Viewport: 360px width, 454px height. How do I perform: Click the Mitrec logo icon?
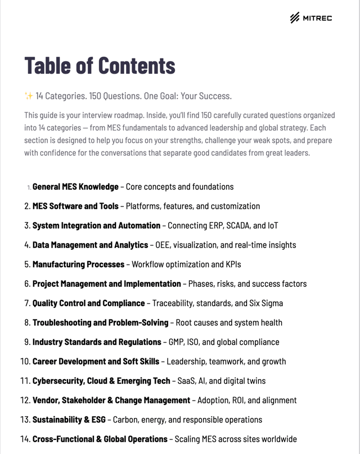[295, 18]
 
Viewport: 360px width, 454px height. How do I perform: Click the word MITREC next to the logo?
[318, 18]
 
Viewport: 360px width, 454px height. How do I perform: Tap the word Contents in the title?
[137, 66]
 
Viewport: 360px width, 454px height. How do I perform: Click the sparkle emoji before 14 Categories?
[29, 96]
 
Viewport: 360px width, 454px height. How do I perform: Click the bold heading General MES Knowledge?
[75, 187]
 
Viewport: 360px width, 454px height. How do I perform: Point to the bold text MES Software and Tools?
[75, 206]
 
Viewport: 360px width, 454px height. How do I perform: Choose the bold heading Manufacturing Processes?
[78, 264]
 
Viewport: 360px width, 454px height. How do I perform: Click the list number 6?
[27, 284]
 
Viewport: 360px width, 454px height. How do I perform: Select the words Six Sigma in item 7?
[266, 303]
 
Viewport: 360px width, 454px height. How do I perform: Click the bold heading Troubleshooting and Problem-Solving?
[100, 323]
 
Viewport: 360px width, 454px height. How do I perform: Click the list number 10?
[25, 362]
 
